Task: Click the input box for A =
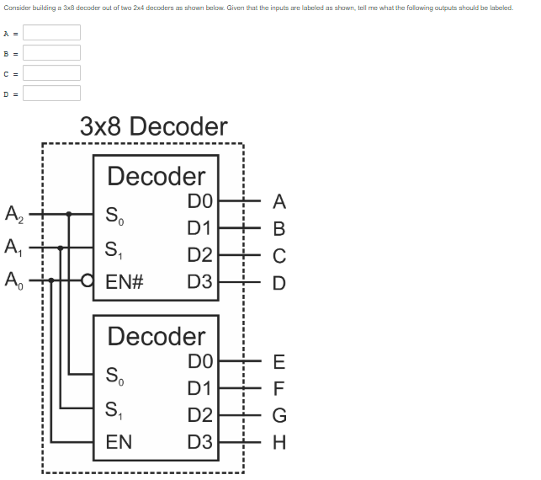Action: [x=51, y=33]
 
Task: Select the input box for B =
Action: [x=51, y=53]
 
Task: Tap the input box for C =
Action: [x=51, y=73]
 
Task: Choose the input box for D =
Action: [x=51, y=93]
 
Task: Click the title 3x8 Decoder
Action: [x=154, y=127]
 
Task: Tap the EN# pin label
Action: [x=125, y=281]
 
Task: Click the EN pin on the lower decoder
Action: [x=119, y=440]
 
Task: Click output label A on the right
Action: [x=279, y=202]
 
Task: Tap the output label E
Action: [x=279, y=362]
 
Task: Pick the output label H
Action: [x=279, y=440]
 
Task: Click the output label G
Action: [x=279, y=414]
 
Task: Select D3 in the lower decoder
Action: [x=200, y=440]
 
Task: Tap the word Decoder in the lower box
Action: [x=156, y=336]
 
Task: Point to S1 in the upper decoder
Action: [x=113, y=250]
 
